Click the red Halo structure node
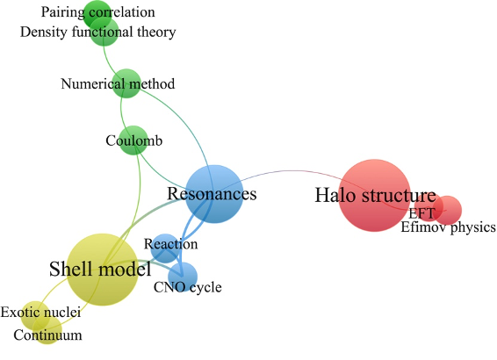375,196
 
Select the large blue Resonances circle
214,194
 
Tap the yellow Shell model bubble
103,270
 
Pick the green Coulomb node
133,140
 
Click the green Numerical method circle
126,83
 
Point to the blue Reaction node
165,248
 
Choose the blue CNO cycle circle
183,277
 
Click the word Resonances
212,194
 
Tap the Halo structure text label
375,195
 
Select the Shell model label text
100,269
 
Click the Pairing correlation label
98,12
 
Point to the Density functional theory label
98,32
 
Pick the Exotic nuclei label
40,313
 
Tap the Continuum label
48,335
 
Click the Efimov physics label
448,227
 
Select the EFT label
421,213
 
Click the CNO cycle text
188,287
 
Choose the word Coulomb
134,140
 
